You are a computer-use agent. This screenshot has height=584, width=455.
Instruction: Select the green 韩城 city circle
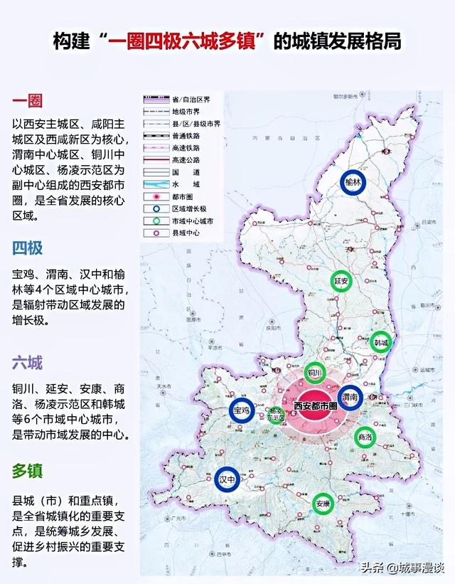(x=382, y=342)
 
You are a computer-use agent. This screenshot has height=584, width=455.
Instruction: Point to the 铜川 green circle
(x=315, y=372)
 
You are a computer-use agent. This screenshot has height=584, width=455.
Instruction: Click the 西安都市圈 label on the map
(x=318, y=406)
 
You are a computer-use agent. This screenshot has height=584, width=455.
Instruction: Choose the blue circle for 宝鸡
(x=241, y=410)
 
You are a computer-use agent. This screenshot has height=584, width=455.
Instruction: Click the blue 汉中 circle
(x=227, y=479)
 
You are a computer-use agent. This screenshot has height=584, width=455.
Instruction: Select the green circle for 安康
(x=323, y=504)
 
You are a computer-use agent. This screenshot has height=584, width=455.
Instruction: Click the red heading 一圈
(x=27, y=100)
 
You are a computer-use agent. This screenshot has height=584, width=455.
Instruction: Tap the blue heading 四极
(x=27, y=248)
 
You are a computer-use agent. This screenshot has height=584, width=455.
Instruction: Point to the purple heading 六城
(x=27, y=363)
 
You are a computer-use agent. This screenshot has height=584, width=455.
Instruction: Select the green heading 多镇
(x=27, y=470)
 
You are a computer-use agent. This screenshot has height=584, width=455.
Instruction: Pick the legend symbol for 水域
(x=155, y=184)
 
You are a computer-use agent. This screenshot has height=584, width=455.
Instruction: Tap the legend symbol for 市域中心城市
(x=155, y=221)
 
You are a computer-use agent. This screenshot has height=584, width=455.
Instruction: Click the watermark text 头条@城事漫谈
(x=402, y=568)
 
